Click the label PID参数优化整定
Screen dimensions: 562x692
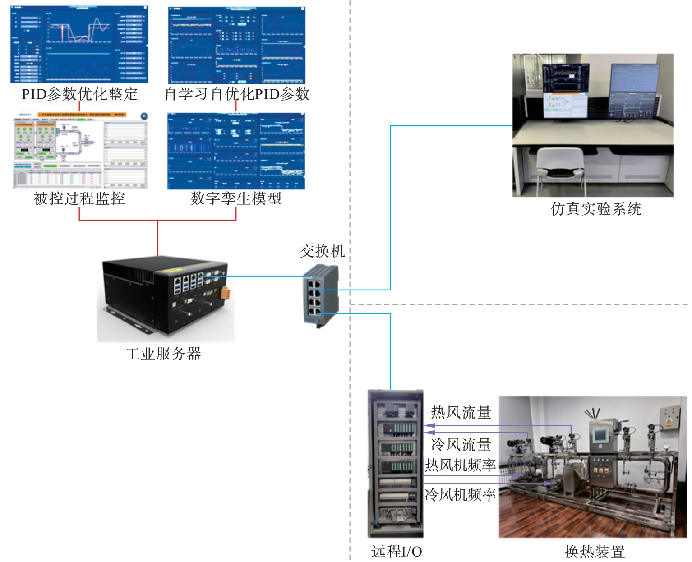[x=79, y=94]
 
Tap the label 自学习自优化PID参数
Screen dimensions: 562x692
[x=237, y=94]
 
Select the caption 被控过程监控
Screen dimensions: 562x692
[x=79, y=198]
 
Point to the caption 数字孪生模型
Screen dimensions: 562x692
[x=236, y=198]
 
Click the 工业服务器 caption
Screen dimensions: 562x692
[x=163, y=354]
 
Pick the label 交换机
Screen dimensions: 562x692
[x=322, y=251]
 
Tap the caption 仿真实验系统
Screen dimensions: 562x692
[x=596, y=209]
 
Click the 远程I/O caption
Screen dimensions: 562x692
[x=397, y=551]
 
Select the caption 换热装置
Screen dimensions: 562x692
[x=595, y=552]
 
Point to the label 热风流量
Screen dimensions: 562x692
[x=461, y=412]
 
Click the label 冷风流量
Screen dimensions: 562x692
[x=461, y=445]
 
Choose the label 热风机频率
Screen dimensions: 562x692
[x=460, y=465]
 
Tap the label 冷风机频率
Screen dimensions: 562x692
[x=460, y=495]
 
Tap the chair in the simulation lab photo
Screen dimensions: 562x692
[x=560, y=167]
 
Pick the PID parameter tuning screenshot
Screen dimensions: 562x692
[x=79, y=45]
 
